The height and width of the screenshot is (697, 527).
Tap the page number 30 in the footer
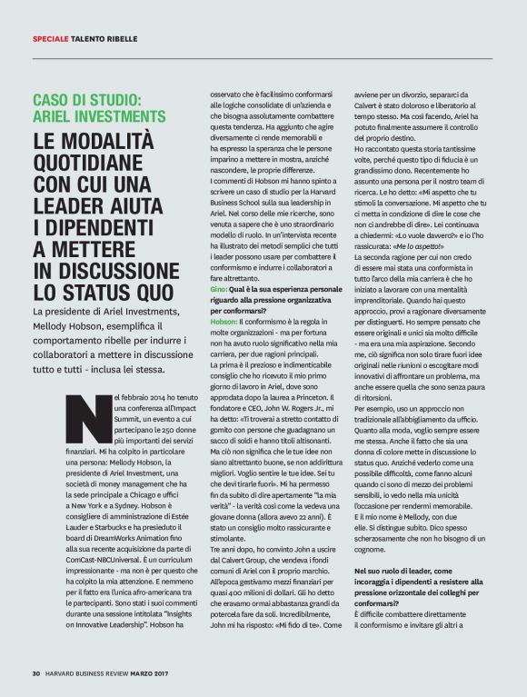36,673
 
